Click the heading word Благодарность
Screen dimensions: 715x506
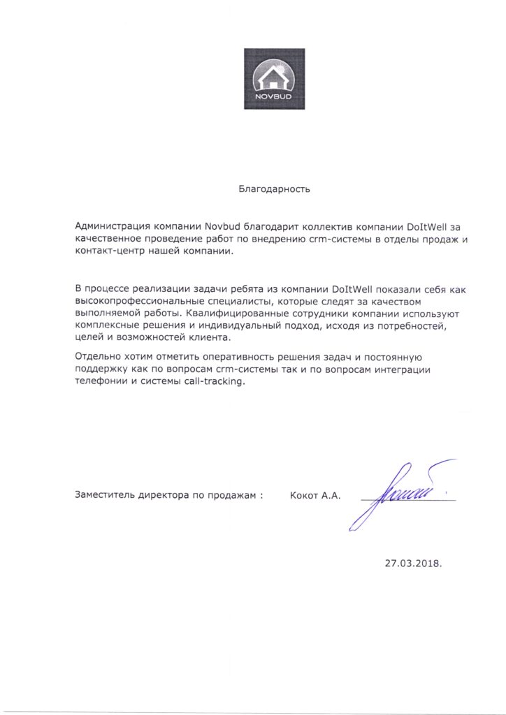click(273, 188)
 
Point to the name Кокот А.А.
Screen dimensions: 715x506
click(315, 495)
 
